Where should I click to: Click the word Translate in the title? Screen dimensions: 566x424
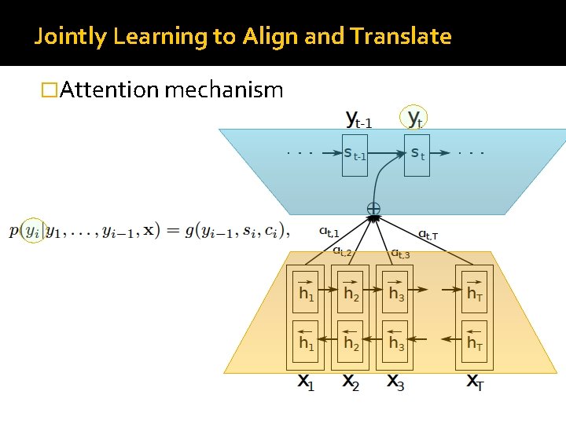401,36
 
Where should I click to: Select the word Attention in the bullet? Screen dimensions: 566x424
109,90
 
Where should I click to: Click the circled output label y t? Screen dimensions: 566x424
414,119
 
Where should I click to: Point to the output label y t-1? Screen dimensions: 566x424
358,119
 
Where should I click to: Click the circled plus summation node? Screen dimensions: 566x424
373,210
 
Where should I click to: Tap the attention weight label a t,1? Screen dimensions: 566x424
329,232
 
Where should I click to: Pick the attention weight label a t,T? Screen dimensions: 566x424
428,234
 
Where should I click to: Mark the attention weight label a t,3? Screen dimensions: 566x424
400,253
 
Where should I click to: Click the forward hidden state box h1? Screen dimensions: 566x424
307,291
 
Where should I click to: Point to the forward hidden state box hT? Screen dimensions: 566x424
475,291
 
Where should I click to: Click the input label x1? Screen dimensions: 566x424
306,382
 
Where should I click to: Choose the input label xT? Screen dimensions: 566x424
475,382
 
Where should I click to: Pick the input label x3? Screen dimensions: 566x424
395,382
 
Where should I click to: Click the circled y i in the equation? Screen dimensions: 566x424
31,230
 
